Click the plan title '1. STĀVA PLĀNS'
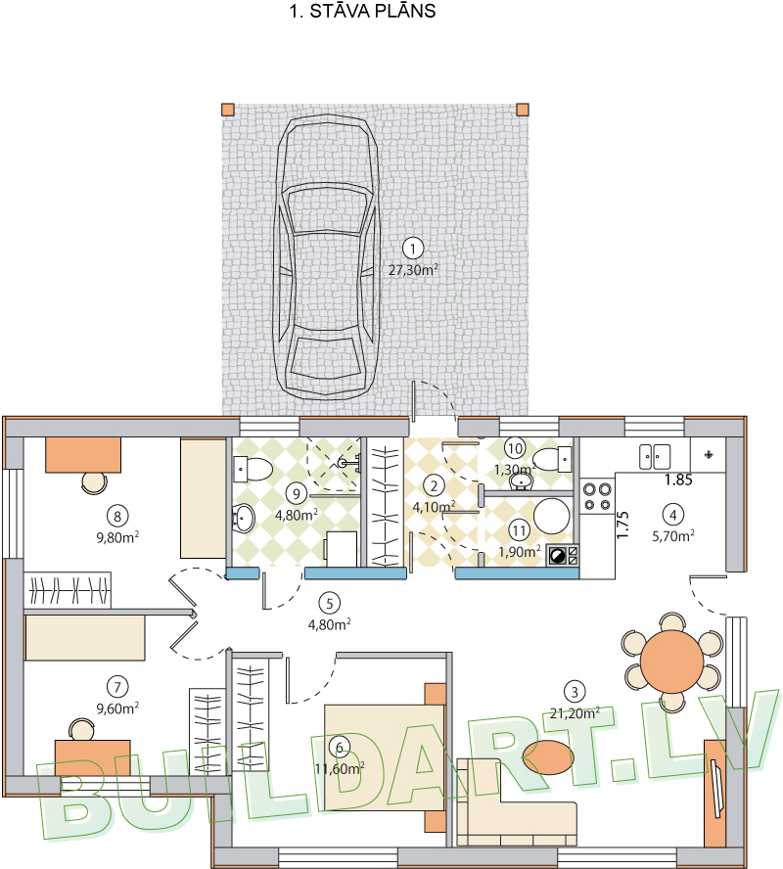tap(362, 11)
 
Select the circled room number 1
tap(413, 249)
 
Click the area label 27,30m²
tap(413, 270)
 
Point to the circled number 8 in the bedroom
tap(117, 517)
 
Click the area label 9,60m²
tap(117, 708)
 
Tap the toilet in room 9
tap(253, 470)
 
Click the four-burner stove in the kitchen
tap(597, 496)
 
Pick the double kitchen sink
tap(655, 457)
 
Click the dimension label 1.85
tap(678, 480)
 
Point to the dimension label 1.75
tap(622, 525)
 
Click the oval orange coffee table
tap(548, 757)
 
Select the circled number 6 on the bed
tap(339, 748)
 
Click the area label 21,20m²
tap(575, 713)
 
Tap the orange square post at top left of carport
tap(228, 110)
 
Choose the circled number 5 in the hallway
tap(330, 603)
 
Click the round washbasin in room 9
tap(243, 519)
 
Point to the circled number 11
tap(519, 531)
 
